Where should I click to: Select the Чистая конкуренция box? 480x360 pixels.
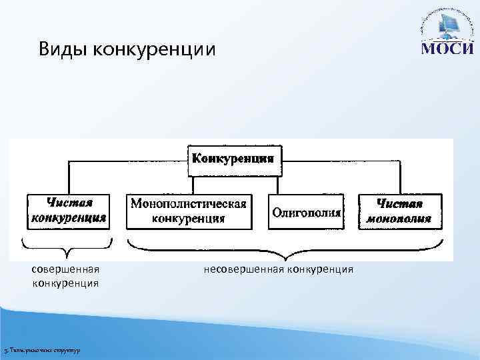click(67, 211)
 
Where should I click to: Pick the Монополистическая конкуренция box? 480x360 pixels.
click(189, 211)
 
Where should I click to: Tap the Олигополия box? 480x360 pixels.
click(307, 212)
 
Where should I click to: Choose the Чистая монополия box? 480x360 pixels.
click(399, 211)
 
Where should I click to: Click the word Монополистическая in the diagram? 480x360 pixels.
click(189, 203)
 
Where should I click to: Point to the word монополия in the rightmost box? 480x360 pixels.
click(399, 219)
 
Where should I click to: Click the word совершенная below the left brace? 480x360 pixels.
click(65, 269)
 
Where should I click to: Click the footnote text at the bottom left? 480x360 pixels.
click(41, 350)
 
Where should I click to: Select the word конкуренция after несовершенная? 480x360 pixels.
click(321, 269)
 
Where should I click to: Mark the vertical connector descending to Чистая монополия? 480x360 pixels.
click(401, 177)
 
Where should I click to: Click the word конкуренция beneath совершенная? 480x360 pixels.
click(65, 283)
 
